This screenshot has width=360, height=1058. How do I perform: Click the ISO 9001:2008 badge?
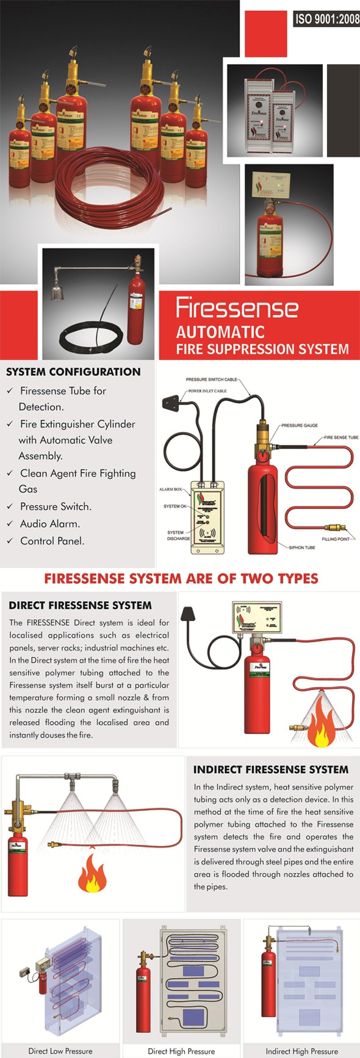(327, 19)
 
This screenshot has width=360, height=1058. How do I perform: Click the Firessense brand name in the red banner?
(237, 308)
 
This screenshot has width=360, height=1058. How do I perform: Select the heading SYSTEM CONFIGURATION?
(73, 372)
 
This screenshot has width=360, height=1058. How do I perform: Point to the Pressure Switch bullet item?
(56, 506)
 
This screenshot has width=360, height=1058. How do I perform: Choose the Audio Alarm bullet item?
(49, 524)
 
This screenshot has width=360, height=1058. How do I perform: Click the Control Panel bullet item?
(52, 541)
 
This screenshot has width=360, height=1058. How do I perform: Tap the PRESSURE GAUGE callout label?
(299, 425)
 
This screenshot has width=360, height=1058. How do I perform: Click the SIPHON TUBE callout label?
(301, 547)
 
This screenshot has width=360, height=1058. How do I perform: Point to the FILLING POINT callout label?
(336, 539)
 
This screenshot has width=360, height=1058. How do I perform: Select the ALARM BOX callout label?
(170, 489)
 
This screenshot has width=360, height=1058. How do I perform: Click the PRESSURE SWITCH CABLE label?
(211, 380)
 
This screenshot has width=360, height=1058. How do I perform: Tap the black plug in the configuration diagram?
(173, 403)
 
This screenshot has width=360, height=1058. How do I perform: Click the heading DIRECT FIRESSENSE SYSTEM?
(80, 605)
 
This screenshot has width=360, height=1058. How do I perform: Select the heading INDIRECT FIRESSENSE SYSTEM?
(271, 769)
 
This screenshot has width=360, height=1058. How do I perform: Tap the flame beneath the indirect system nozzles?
(92, 873)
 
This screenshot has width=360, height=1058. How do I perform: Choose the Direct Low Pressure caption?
(60, 1051)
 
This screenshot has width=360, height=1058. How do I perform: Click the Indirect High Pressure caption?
(301, 1051)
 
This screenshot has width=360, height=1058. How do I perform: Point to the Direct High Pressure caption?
(181, 1051)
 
